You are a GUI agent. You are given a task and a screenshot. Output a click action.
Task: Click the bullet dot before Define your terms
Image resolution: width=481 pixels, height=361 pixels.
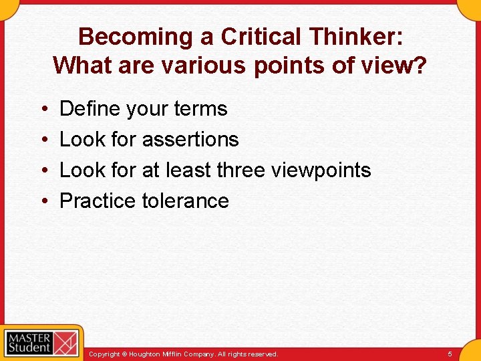pos(42,109)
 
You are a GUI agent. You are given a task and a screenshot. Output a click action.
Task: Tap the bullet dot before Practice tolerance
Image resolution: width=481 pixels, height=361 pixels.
pos(42,201)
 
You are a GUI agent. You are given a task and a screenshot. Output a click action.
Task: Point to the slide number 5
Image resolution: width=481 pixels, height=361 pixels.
pos(450,354)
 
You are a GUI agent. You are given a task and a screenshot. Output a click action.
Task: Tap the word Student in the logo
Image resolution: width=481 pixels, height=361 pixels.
pos(29,348)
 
